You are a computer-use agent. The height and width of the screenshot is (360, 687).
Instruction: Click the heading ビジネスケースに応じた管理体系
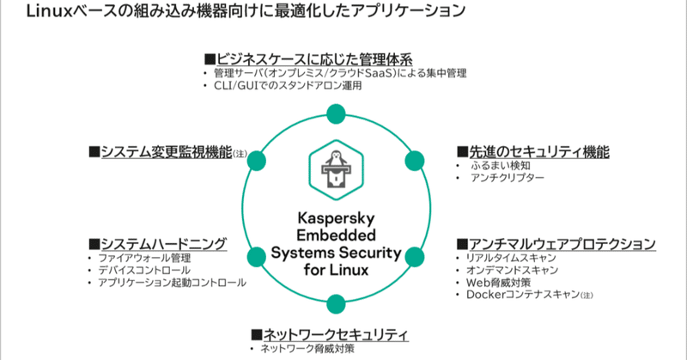314,59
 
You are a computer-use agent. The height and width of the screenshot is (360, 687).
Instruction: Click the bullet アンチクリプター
507,177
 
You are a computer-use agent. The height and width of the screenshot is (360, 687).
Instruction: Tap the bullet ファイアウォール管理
144,258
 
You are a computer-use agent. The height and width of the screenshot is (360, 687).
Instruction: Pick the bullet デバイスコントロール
144,270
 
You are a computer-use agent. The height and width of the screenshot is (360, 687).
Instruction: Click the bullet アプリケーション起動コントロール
172,282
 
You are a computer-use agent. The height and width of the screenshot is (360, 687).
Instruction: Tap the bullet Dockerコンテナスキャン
520,295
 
